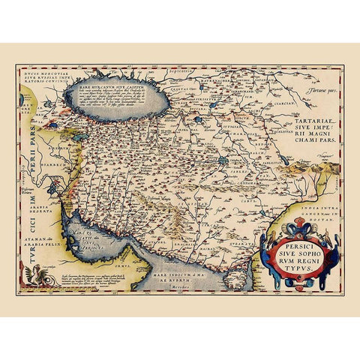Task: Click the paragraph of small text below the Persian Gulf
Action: [106, 277]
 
